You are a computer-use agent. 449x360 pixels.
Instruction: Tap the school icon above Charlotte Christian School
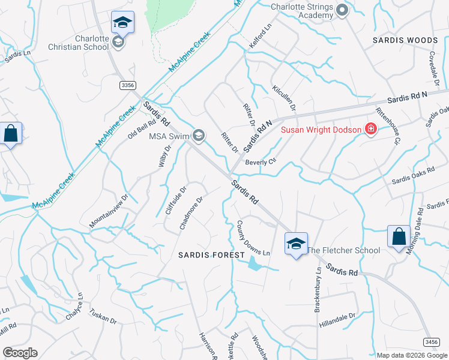[122, 23]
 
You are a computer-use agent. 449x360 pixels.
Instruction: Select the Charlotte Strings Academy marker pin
[342, 10]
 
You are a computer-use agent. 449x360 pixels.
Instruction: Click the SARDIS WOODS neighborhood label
[405, 40]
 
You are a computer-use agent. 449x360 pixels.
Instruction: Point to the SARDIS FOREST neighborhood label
[212, 255]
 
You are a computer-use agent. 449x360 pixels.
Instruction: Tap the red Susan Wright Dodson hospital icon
[371, 130]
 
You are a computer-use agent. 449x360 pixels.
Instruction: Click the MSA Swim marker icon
[198, 136]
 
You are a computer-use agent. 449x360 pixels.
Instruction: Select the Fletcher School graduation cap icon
[295, 244]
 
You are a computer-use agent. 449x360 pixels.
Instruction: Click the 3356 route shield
[127, 86]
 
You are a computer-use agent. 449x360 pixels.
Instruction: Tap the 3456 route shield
[431, 342]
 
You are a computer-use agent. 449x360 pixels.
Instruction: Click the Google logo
[20, 352]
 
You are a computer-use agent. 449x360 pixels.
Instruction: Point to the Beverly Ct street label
[260, 162]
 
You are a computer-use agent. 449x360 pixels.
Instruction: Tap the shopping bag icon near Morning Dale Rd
[399, 237]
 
